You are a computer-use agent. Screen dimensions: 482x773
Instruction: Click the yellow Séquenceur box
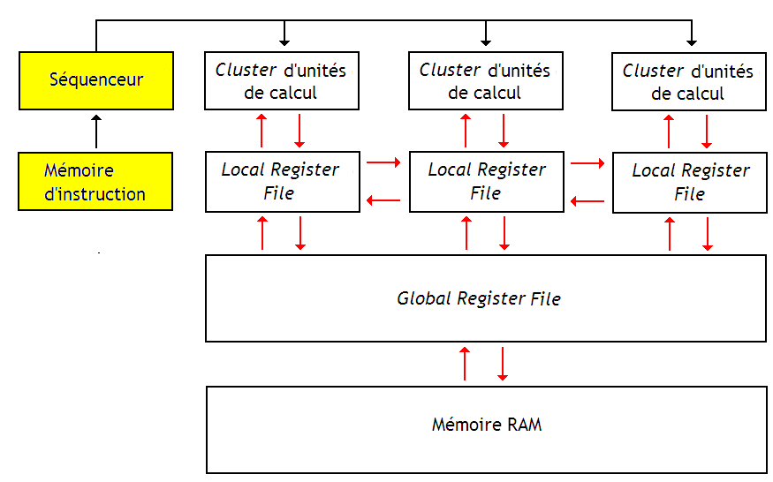pyautogui.click(x=96, y=80)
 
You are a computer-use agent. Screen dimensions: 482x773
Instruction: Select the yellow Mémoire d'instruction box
pyautogui.click(x=96, y=182)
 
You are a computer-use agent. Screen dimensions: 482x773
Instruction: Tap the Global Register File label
pyautogui.click(x=479, y=298)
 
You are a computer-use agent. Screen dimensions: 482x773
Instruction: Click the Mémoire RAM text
pyautogui.click(x=487, y=425)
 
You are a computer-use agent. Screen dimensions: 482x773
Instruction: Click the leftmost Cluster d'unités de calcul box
pyautogui.click(x=282, y=81)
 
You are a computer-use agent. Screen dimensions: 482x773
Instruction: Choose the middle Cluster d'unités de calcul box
pyautogui.click(x=485, y=80)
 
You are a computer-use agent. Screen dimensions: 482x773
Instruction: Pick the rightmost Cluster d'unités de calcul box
pyautogui.click(x=688, y=81)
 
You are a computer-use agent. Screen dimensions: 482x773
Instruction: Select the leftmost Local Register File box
pyautogui.click(x=282, y=181)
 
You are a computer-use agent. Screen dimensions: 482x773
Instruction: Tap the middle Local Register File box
pyautogui.click(x=487, y=181)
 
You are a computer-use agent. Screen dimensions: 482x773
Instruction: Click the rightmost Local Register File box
pyautogui.click(x=690, y=182)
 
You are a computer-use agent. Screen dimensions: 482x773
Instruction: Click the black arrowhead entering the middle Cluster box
pyautogui.click(x=485, y=41)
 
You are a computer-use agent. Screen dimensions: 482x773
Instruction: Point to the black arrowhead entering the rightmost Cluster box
pyautogui.click(x=692, y=41)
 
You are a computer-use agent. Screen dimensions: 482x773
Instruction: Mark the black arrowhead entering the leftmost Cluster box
pyautogui.click(x=284, y=41)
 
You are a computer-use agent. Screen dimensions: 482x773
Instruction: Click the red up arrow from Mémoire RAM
pyautogui.click(x=466, y=364)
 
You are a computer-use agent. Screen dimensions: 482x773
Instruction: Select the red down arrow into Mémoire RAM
pyautogui.click(x=503, y=364)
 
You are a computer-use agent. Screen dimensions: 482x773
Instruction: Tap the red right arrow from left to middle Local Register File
pyautogui.click(x=383, y=162)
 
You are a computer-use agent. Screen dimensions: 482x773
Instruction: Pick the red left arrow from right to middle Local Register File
pyautogui.click(x=587, y=201)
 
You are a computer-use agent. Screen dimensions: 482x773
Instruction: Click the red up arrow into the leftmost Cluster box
pyautogui.click(x=261, y=131)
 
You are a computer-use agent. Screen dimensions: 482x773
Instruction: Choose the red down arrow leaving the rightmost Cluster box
pyautogui.click(x=707, y=131)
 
